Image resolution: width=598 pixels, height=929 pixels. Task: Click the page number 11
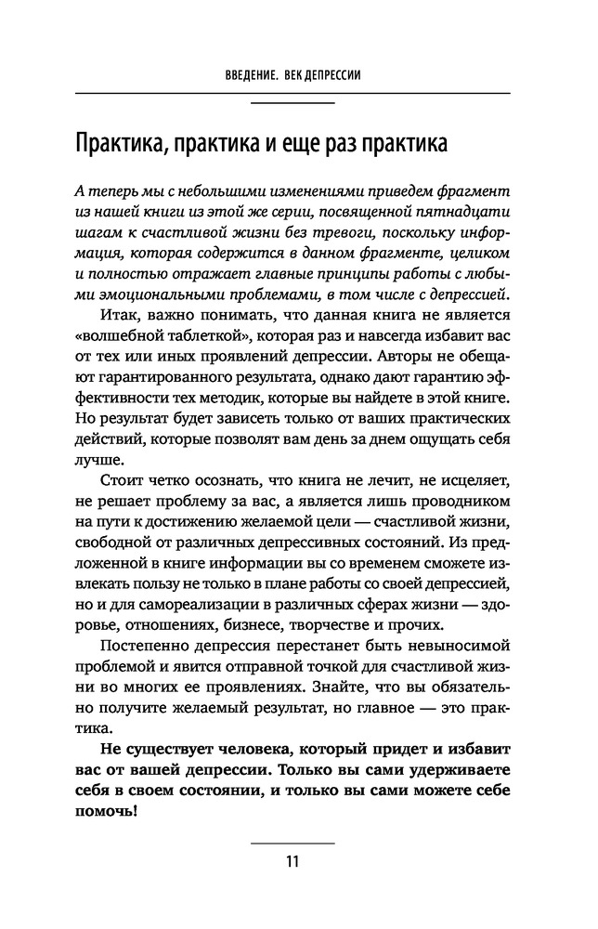tap(292, 860)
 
